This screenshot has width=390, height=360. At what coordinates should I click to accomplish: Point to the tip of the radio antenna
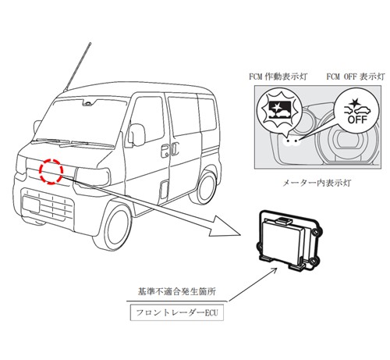click(x=90, y=43)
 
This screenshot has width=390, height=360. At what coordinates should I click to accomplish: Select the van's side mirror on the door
click(x=136, y=135)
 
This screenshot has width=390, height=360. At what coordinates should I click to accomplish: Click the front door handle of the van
click(x=164, y=151)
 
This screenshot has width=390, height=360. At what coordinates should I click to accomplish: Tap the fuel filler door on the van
click(x=165, y=190)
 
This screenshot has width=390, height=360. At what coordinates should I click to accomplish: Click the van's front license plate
click(x=31, y=204)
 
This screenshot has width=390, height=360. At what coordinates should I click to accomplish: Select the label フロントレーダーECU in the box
click(x=177, y=312)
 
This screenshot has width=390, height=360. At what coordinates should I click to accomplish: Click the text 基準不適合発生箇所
click(x=177, y=291)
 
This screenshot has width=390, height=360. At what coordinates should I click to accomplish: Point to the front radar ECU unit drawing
click(x=289, y=241)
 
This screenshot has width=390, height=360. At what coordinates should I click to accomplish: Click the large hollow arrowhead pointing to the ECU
click(x=225, y=226)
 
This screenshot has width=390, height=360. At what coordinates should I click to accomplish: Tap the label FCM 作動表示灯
click(x=278, y=77)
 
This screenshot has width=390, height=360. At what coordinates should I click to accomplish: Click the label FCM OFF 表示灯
click(x=356, y=77)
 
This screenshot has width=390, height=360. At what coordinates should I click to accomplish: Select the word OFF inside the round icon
click(x=357, y=119)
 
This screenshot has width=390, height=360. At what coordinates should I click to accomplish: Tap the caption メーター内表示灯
click(x=317, y=183)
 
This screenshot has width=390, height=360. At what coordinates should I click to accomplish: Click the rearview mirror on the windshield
click(x=88, y=103)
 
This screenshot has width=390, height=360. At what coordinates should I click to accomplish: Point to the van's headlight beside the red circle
click(x=92, y=176)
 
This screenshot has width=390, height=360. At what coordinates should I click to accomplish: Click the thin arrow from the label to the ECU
click(x=253, y=284)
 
